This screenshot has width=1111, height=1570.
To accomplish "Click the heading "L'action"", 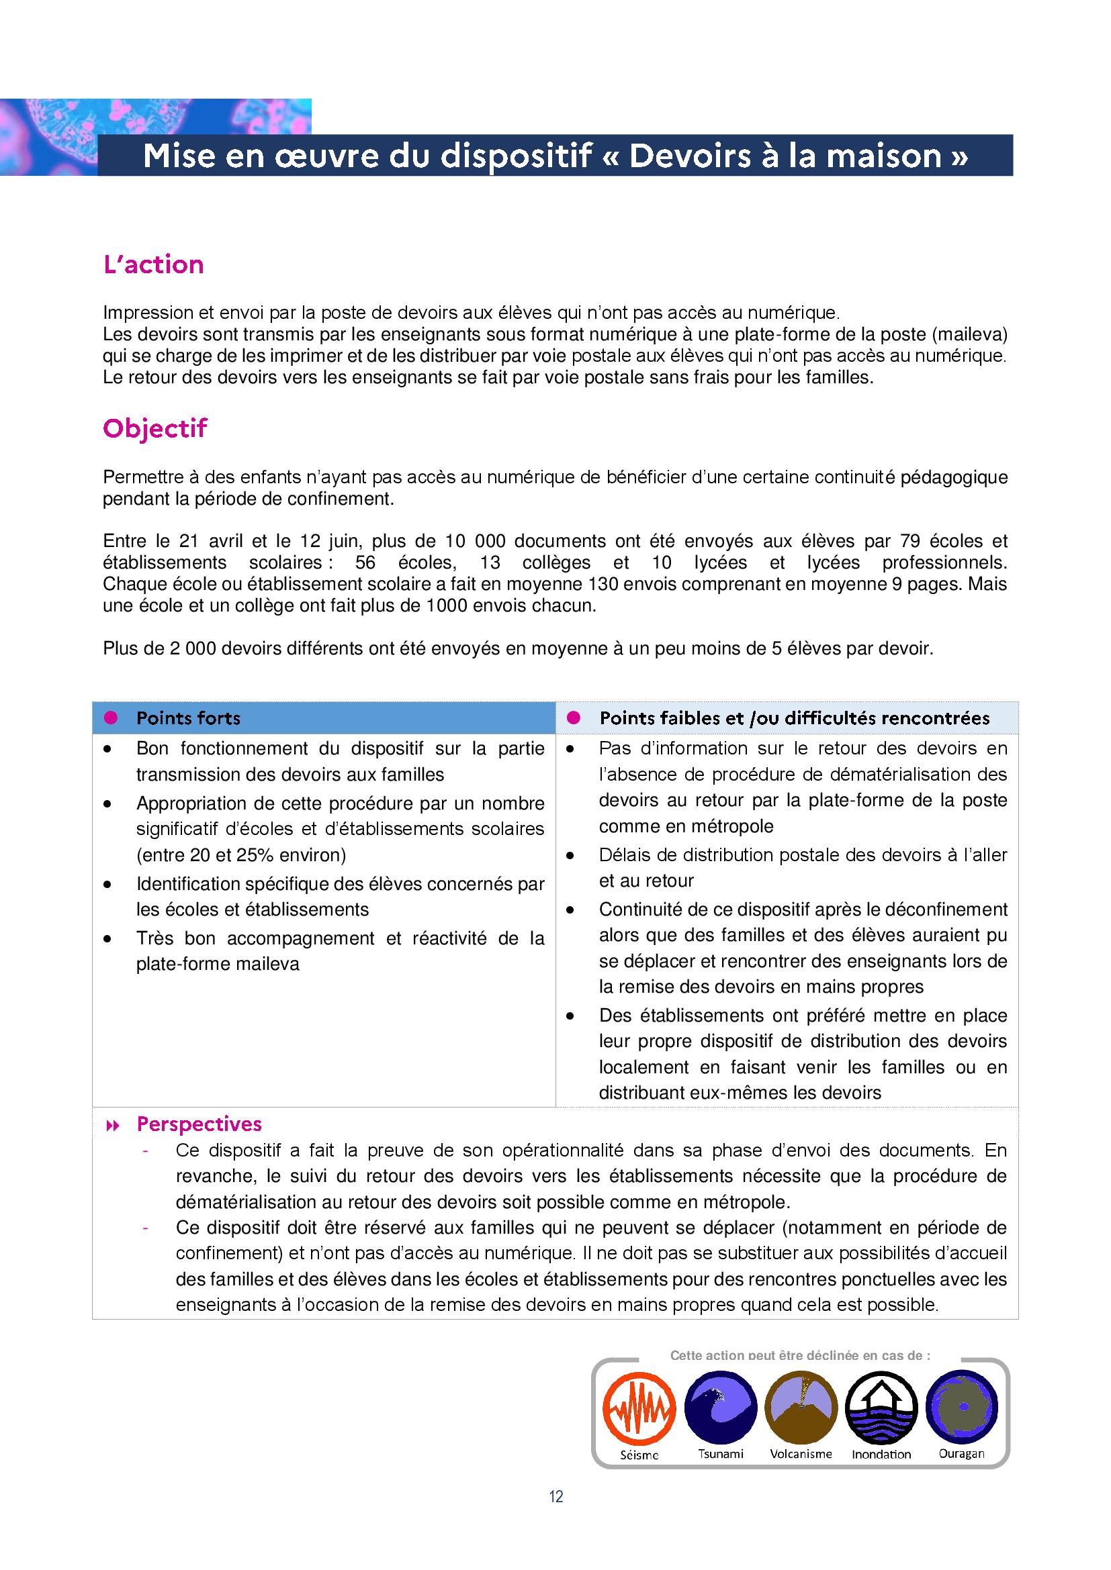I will tap(153, 264).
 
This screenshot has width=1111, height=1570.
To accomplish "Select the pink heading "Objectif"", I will tap(154, 429).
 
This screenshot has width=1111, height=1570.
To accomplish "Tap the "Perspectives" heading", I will tap(199, 1124).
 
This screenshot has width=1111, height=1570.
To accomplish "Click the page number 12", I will tap(555, 1497).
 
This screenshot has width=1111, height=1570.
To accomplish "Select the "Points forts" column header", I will tap(188, 718).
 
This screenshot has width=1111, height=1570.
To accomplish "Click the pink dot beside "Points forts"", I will tap(110, 718).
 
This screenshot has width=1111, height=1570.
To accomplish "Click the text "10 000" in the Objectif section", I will tap(476, 541).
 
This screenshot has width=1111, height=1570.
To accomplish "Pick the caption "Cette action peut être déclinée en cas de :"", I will tap(800, 1355).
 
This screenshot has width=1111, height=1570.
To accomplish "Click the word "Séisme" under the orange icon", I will tap(639, 1455).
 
